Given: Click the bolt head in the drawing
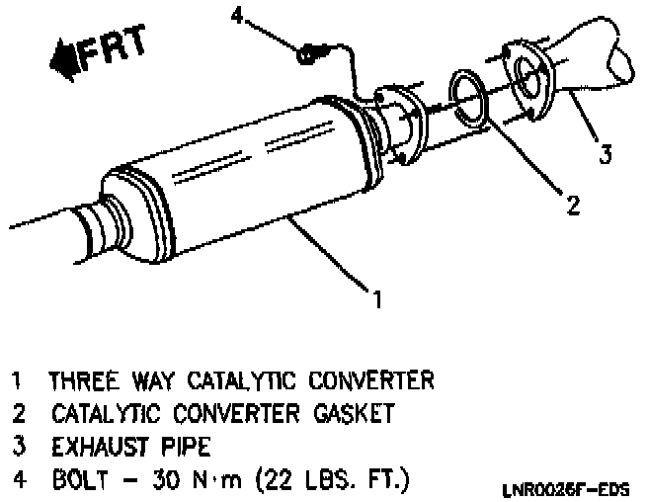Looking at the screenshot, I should coord(307,53).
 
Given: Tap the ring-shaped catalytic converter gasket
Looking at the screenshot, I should coord(470,95).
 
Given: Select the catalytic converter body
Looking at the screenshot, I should coord(247,178).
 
